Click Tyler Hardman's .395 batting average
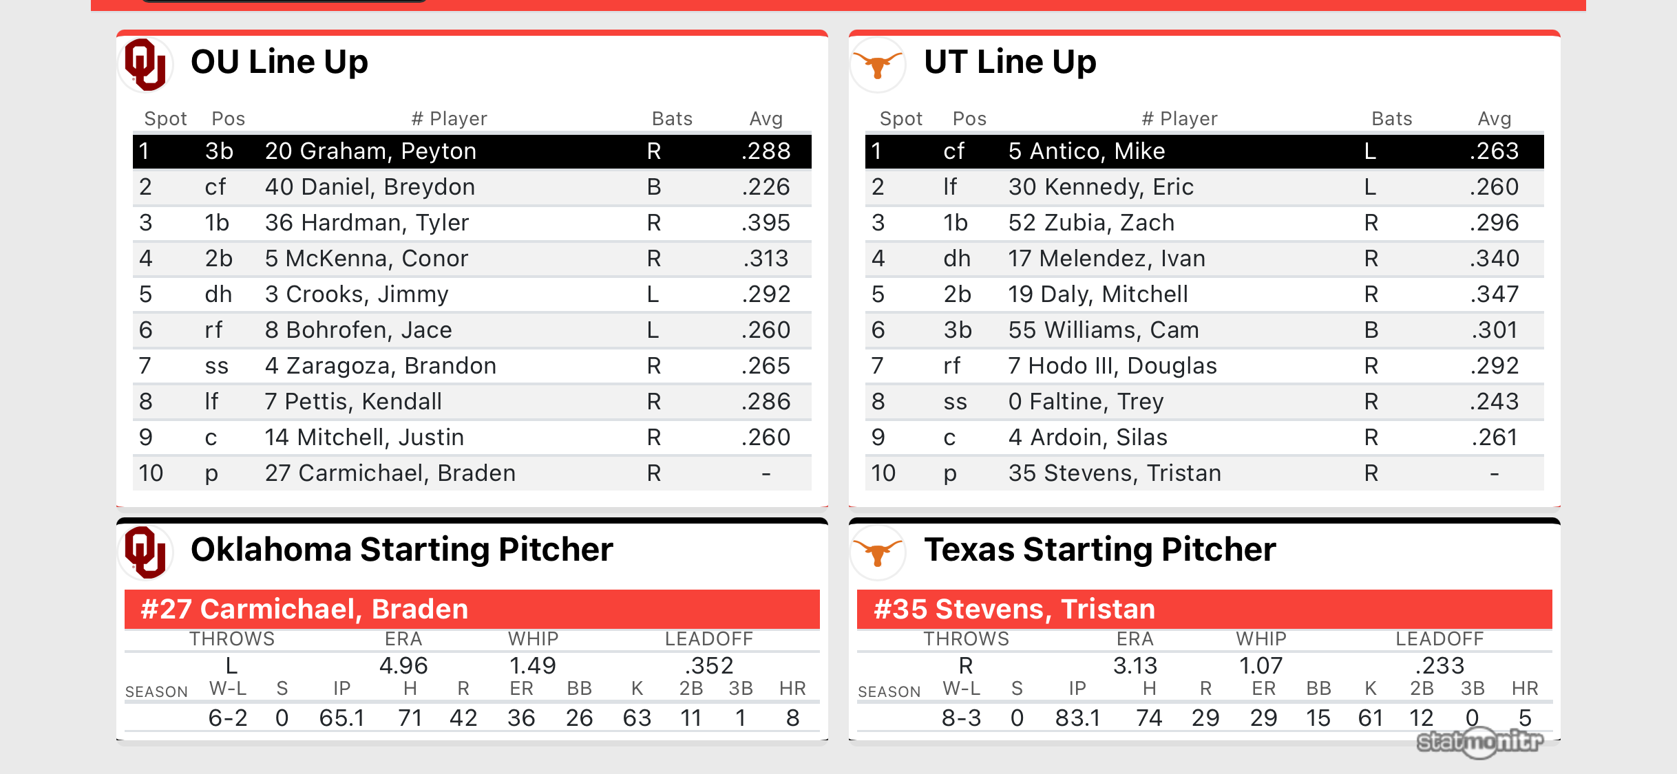[x=766, y=223]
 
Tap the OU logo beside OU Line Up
[x=145, y=64]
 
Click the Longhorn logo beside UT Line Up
[x=878, y=64]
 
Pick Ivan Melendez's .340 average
[x=1494, y=259]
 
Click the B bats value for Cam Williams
[x=1371, y=330]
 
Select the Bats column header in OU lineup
[x=672, y=119]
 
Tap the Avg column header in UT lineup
[x=1494, y=119]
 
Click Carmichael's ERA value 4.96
[x=403, y=665]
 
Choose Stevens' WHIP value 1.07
[x=1261, y=665]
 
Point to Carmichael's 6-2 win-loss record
[x=228, y=718]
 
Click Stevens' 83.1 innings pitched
[x=1077, y=718]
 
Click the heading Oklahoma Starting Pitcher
[x=401, y=550]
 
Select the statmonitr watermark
[x=1480, y=742]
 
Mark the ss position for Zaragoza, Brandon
[x=216, y=366]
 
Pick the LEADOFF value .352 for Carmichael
[x=708, y=665]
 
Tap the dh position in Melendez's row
[x=957, y=259]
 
